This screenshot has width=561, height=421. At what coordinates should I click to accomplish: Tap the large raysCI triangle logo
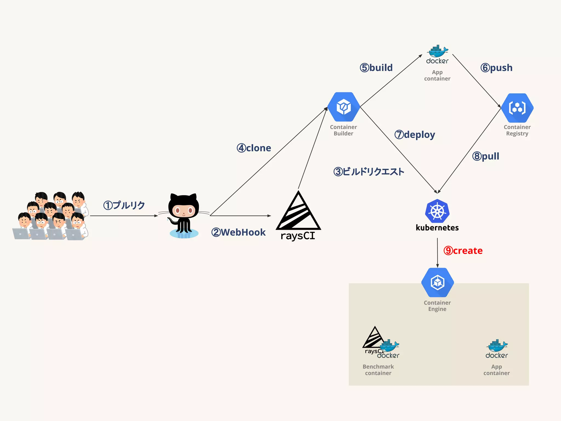(298, 212)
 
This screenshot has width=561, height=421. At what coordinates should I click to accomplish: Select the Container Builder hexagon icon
(344, 107)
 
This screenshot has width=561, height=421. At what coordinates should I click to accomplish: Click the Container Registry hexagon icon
(517, 108)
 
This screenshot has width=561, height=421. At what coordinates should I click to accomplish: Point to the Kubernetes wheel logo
(437, 211)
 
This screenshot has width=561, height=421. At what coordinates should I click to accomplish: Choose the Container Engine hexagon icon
(437, 282)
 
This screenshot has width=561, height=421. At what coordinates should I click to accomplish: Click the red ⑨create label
(463, 251)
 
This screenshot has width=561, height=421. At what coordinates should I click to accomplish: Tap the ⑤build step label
(376, 67)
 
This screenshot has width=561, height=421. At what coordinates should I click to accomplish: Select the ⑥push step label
(496, 67)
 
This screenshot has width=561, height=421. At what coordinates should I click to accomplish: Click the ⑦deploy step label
(415, 135)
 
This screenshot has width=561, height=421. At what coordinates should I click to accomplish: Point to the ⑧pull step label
(486, 156)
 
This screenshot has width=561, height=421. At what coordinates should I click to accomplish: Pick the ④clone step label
(254, 148)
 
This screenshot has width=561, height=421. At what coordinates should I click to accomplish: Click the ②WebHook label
(238, 232)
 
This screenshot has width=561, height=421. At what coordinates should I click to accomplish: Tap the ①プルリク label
(124, 205)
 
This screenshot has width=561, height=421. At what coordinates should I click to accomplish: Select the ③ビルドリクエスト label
(369, 172)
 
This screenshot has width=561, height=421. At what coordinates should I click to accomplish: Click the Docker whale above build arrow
(437, 52)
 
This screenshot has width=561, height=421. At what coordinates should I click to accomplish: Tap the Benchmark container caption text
(378, 370)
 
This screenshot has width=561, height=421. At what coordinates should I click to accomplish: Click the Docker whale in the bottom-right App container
(497, 346)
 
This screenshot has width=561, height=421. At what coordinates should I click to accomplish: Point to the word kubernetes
(437, 228)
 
